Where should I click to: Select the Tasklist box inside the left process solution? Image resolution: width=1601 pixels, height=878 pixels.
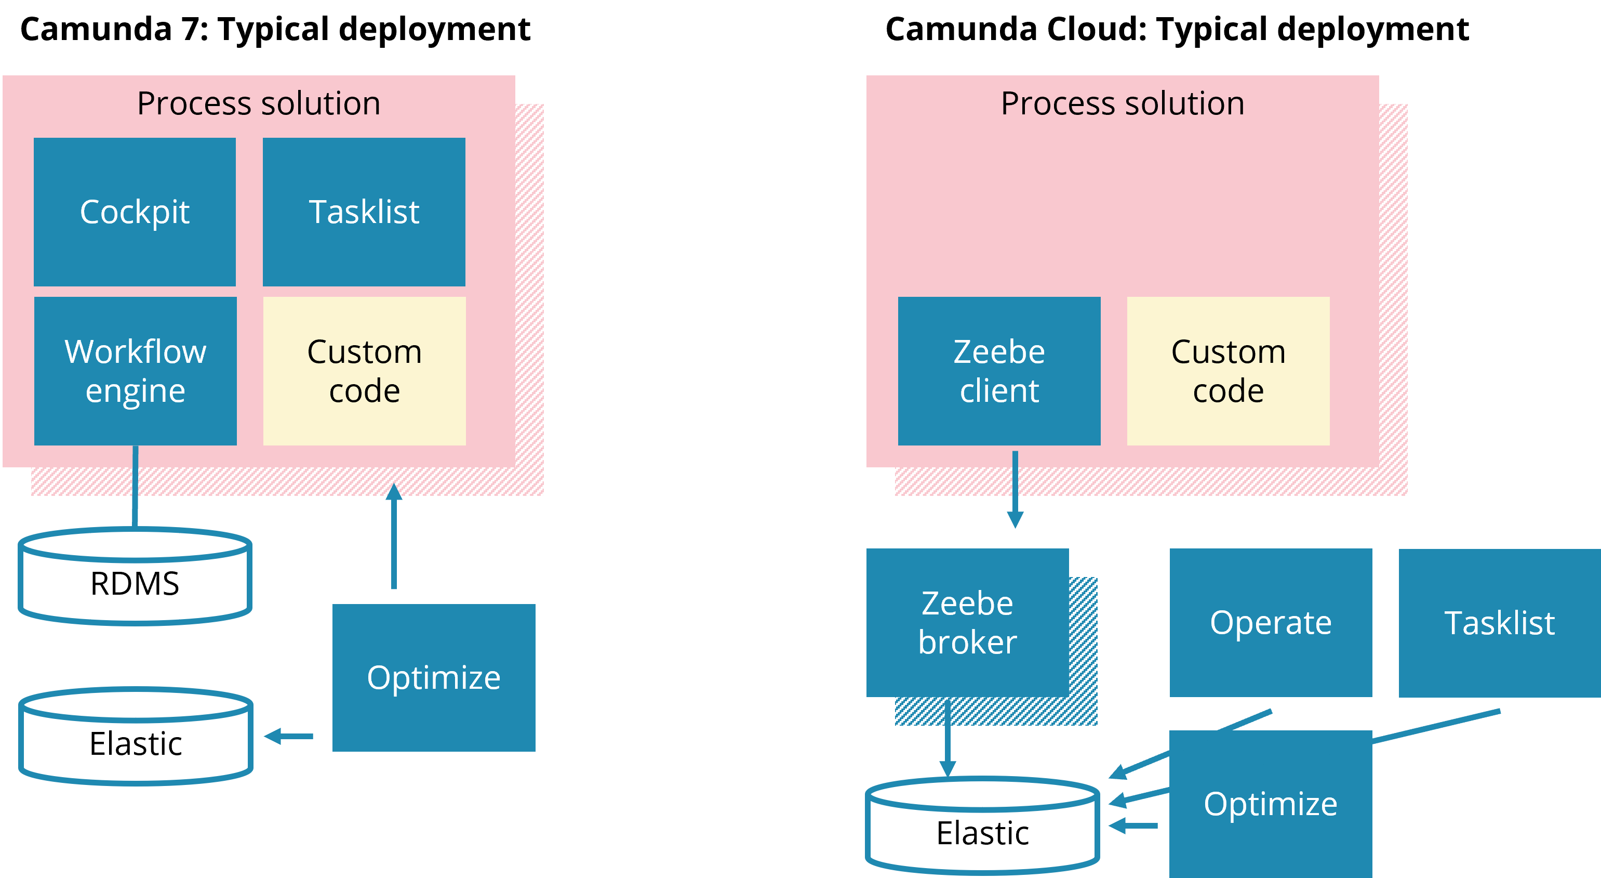(x=364, y=212)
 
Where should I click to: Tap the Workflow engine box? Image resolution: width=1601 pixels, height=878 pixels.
(x=135, y=371)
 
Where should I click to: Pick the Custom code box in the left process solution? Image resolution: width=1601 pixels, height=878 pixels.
(x=364, y=371)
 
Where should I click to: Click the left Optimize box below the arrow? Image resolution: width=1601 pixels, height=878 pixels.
(x=433, y=678)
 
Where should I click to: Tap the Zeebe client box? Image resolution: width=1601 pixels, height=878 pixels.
(x=999, y=371)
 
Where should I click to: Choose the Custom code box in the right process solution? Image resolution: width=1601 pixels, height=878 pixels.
(x=1228, y=371)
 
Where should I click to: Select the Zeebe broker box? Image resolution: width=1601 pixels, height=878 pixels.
(x=967, y=622)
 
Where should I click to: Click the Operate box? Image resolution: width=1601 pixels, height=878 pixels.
(x=1271, y=622)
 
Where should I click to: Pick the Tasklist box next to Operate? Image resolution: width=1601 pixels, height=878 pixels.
(x=1499, y=622)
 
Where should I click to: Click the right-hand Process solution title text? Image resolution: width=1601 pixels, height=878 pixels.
(x=1123, y=103)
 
